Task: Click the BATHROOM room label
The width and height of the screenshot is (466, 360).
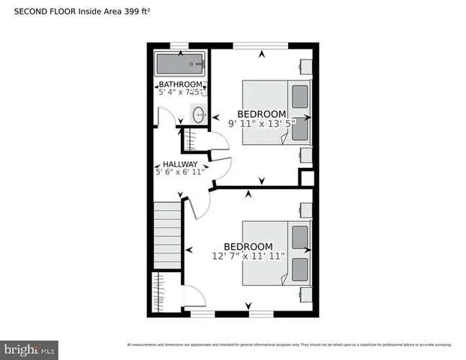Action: coord(180,84)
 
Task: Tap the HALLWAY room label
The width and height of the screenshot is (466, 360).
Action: coord(180,164)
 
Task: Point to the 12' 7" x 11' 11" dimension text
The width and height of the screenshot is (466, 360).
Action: coord(248,256)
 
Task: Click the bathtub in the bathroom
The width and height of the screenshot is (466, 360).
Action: coord(180,63)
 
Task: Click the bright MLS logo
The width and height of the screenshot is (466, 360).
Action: coord(29,349)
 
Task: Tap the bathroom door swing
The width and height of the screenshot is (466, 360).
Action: coord(167,117)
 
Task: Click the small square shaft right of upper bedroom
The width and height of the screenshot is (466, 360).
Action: coord(306,178)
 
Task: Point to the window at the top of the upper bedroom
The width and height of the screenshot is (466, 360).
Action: coord(261,45)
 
